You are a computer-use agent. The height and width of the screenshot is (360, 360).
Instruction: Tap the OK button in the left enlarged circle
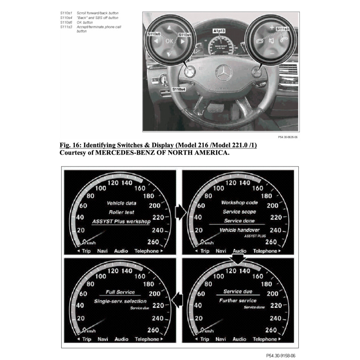[169, 41]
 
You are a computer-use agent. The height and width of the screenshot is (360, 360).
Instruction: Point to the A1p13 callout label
[218, 31]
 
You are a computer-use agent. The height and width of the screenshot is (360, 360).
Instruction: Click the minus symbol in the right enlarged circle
[271, 53]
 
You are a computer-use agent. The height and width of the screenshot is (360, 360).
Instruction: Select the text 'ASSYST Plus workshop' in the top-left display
[121, 221]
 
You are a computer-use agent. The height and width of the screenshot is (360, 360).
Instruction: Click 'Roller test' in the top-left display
[121, 212]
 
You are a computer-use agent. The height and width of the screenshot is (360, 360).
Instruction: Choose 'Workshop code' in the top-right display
[239, 202]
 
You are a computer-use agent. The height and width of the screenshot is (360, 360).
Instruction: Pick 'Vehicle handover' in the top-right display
[239, 230]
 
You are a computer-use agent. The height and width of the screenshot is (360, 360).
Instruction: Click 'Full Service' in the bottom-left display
[121, 292]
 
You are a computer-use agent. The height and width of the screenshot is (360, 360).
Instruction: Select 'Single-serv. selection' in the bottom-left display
[120, 301]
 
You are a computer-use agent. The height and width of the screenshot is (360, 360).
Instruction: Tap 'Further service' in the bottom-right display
[238, 301]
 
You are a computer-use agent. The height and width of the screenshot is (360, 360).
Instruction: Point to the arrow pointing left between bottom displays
[179, 300]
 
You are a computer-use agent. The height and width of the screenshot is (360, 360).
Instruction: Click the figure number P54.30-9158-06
[281, 355]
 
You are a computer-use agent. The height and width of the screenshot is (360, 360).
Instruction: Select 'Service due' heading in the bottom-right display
[238, 291]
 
